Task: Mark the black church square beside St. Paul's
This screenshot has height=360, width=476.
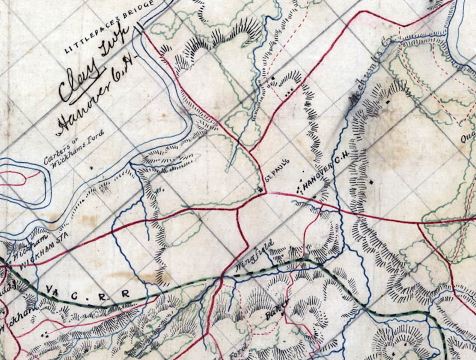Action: coord(261,189)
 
